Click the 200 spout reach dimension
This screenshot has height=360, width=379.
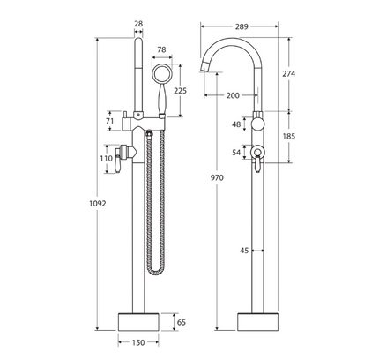(x=233, y=94)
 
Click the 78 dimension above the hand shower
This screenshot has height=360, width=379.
(x=161, y=50)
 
